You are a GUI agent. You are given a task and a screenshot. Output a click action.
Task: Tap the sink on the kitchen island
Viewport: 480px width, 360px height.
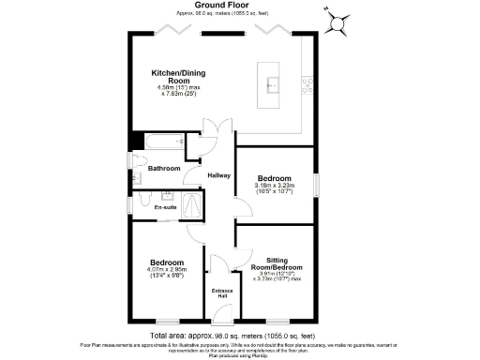pyautogui.click(x=271, y=80)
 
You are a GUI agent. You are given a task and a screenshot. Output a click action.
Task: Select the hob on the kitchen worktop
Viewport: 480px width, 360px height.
pyautogui.click(x=307, y=85)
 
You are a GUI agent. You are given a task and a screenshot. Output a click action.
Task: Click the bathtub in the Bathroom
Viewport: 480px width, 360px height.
pyautogui.click(x=161, y=143)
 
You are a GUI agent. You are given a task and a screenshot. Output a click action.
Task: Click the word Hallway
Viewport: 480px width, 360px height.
pyautogui.click(x=218, y=176)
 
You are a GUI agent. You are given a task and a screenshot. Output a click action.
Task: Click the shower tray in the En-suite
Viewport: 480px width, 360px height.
pyautogui.click(x=193, y=202)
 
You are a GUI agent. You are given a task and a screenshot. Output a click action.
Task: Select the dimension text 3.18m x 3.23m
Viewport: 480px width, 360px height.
pyautogui.click(x=274, y=186)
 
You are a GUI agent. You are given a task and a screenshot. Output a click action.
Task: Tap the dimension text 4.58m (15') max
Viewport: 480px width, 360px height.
pyautogui.click(x=177, y=87)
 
